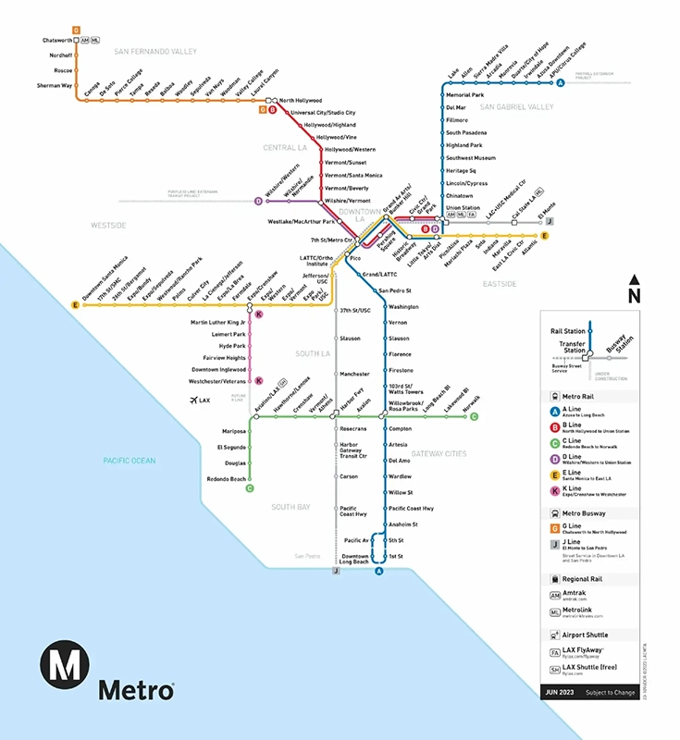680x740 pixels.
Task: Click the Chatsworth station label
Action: click(x=57, y=40)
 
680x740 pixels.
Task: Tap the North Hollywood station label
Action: click(x=301, y=100)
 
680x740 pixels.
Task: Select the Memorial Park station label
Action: click(x=465, y=95)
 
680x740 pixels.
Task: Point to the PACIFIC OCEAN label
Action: click(x=130, y=460)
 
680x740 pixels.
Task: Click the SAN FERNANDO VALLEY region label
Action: click(x=155, y=52)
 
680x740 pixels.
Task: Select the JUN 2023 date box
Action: click(x=562, y=692)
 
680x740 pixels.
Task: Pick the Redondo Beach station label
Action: click(x=226, y=479)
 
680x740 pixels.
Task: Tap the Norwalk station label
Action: click(x=471, y=403)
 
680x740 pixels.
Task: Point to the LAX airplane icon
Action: click(x=194, y=401)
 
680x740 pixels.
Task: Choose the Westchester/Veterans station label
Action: click(x=218, y=381)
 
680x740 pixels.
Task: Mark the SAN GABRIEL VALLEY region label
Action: click(x=516, y=107)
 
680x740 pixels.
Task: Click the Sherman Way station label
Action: click(x=55, y=85)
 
